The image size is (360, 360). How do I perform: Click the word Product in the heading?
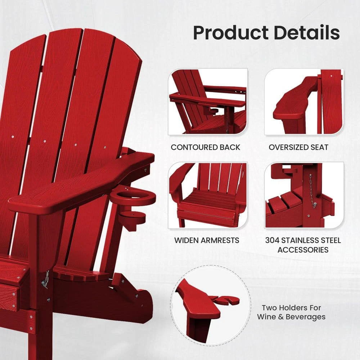pos(230,33)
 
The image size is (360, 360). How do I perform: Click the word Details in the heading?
pos(306,32)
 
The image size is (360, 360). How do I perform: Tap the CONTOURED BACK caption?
pos(205,147)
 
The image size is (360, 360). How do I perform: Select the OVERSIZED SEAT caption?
pos(298,147)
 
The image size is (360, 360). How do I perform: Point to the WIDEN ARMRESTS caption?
pos(207,240)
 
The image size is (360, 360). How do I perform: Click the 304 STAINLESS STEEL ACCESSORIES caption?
pos(303,245)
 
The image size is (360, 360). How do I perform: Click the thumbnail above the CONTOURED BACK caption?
pos(208,102)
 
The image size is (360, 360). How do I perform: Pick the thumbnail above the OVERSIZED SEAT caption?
pos(304,102)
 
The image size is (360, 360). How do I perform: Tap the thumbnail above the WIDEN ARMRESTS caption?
pos(208,195)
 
